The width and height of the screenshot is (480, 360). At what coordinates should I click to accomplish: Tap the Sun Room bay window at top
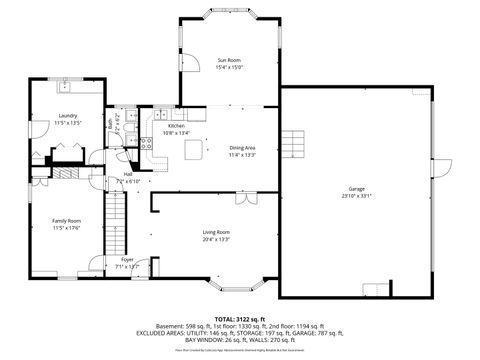click(229, 13)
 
